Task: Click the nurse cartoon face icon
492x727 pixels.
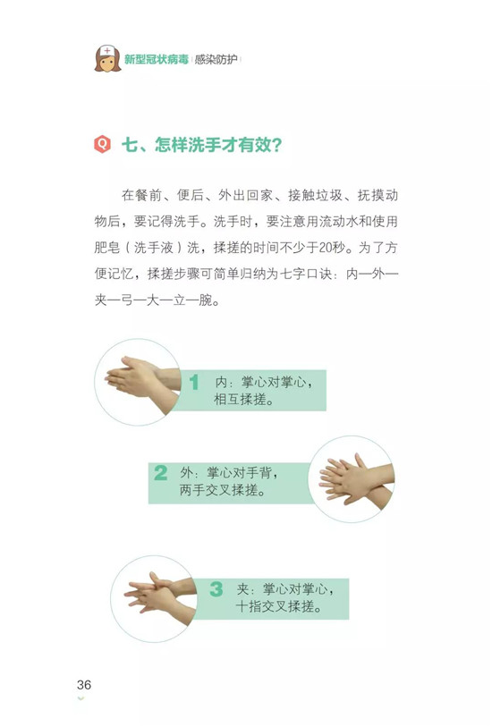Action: [x=107, y=59]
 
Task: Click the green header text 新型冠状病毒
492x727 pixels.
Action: [x=157, y=59]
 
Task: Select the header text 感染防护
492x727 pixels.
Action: [x=216, y=59]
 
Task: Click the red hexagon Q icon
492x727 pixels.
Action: [x=102, y=144]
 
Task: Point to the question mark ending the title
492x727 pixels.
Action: [x=277, y=145]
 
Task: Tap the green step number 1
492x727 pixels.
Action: [x=194, y=382]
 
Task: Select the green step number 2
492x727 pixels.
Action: [x=160, y=473]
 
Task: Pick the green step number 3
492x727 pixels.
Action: [x=216, y=589]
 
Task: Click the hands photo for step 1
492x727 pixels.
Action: [x=138, y=382]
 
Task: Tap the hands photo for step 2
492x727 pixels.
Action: [x=351, y=479]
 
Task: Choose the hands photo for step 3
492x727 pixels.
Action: [x=154, y=598]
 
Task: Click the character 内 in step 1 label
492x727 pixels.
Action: [x=221, y=383]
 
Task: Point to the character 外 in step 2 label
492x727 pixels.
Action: [x=186, y=473]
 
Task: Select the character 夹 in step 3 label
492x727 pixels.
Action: [x=243, y=589]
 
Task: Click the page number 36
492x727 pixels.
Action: [x=84, y=684]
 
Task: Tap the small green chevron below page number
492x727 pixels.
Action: [x=81, y=698]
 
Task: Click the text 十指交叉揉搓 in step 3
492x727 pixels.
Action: [x=275, y=606]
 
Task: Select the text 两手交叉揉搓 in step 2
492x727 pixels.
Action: [x=219, y=490]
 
